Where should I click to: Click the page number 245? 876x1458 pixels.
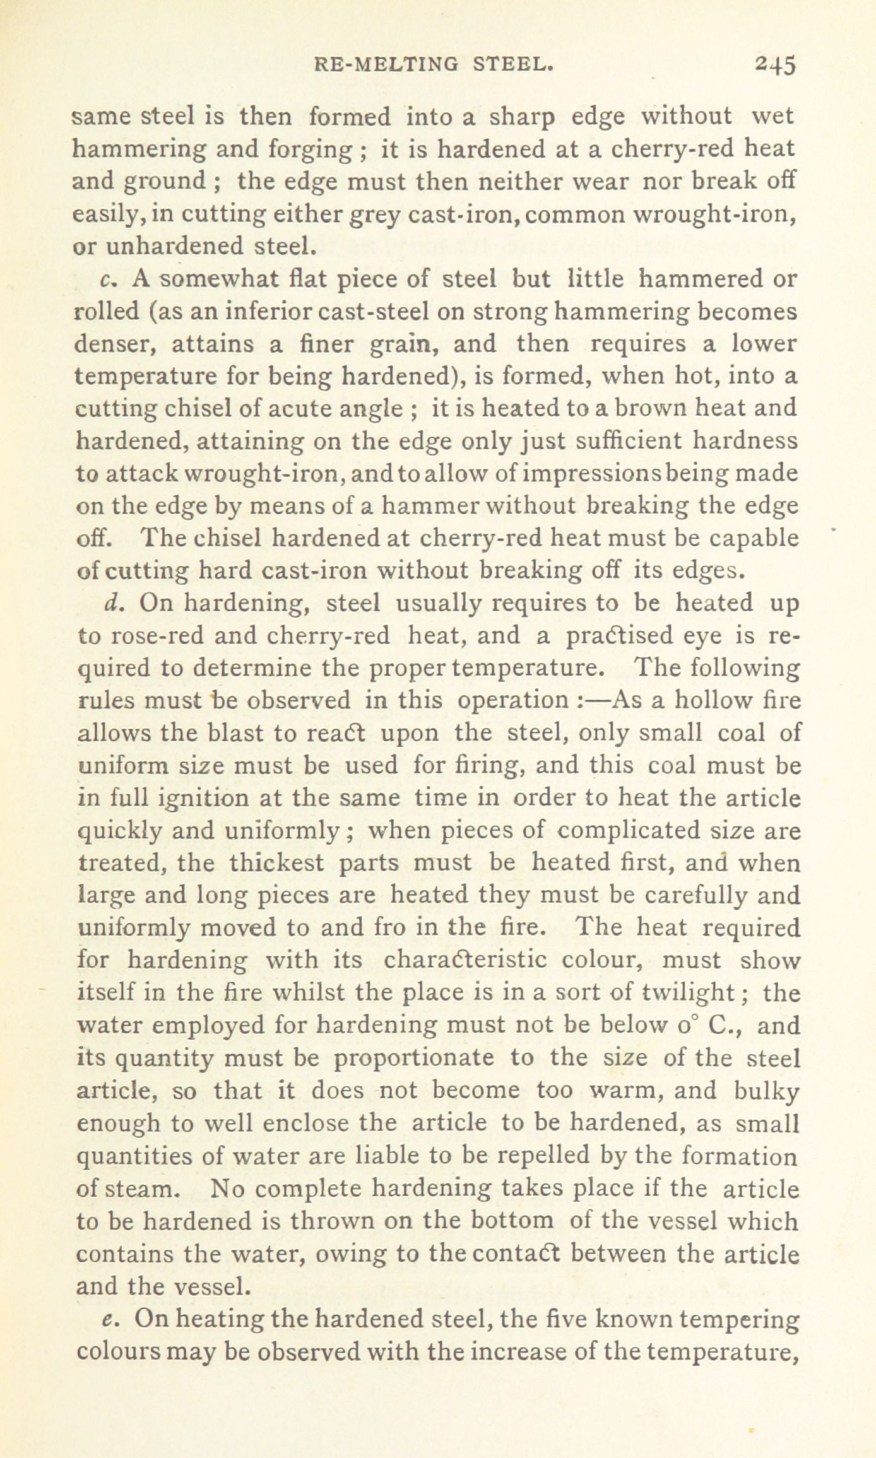click(775, 66)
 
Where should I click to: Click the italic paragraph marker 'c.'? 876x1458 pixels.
click(106, 279)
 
